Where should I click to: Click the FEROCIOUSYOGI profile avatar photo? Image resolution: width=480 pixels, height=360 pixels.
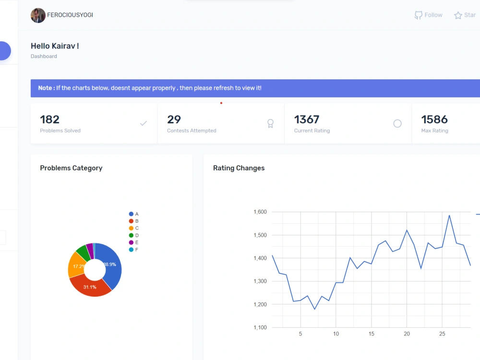(x=38, y=15)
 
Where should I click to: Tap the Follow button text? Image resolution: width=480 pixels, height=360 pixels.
(x=433, y=15)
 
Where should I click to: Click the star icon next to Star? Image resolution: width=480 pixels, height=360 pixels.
(x=458, y=15)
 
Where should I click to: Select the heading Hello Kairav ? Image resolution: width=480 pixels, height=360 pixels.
(x=55, y=46)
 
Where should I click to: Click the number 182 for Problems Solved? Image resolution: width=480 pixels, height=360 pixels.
(x=50, y=120)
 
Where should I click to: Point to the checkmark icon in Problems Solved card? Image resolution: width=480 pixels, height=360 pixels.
(x=143, y=123)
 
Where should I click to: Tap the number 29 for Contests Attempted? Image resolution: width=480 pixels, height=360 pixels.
(x=174, y=120)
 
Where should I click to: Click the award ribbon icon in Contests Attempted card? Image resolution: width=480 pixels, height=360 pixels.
(x=270, y=124)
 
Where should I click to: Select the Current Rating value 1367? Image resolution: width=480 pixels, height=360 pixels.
(x=307, y=120)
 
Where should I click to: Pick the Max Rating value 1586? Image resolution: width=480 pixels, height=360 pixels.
(x=434, y=120)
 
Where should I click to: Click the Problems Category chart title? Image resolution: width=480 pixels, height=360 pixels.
(x=71, y=168)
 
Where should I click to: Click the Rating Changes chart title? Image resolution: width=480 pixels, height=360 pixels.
(x=239, y=168)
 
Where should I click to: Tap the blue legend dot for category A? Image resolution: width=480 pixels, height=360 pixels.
(x=131, y=214)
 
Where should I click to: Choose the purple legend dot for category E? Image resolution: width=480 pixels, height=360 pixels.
(x=131, y=242)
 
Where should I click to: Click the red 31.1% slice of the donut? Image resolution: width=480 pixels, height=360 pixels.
(x=90, y=287)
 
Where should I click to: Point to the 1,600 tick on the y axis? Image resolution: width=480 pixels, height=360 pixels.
(x=260, y=212)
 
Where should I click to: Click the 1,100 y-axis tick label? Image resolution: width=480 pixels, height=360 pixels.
(x=260, y=327)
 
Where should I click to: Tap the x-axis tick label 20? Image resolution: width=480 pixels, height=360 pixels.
(x=407, y=334)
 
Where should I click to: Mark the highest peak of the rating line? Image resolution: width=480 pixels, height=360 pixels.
(x=449, y=215)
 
